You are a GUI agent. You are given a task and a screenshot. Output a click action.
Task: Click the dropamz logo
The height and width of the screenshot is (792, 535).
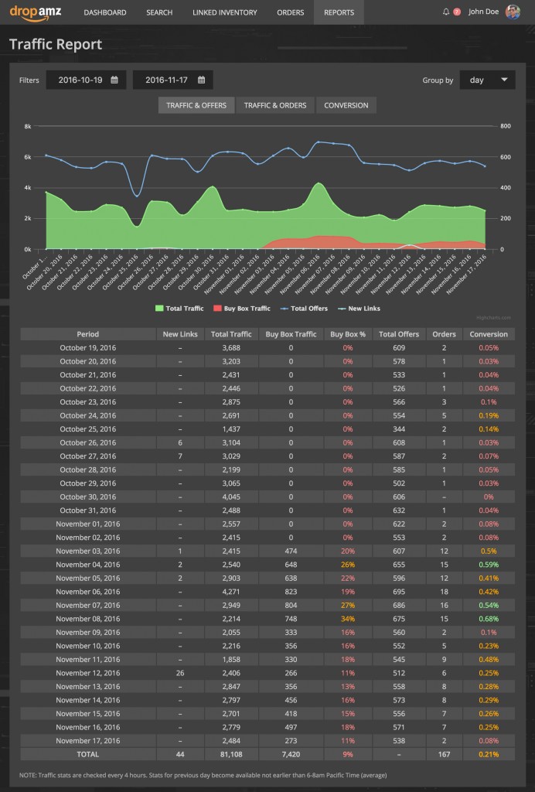tap(36, 12)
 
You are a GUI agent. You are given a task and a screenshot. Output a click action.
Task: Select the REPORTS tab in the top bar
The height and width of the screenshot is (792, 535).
tap(339, 12)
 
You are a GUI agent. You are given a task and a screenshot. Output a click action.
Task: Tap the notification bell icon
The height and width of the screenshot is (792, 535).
tap(446, 12)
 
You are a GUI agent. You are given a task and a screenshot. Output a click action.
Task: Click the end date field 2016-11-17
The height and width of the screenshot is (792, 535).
tap(173, 80)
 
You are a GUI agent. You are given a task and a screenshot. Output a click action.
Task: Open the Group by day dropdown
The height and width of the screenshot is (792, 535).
tap(487, 80)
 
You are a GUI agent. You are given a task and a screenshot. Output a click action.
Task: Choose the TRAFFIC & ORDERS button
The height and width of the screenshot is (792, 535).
tap(275, 105)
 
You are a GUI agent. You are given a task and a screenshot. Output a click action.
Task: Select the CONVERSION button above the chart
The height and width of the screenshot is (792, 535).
tap(346, 105)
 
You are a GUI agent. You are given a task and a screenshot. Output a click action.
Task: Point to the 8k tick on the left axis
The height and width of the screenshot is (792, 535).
tap(27, 126)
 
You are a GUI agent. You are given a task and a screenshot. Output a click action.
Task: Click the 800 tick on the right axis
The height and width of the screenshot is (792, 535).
tap(506, 126)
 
